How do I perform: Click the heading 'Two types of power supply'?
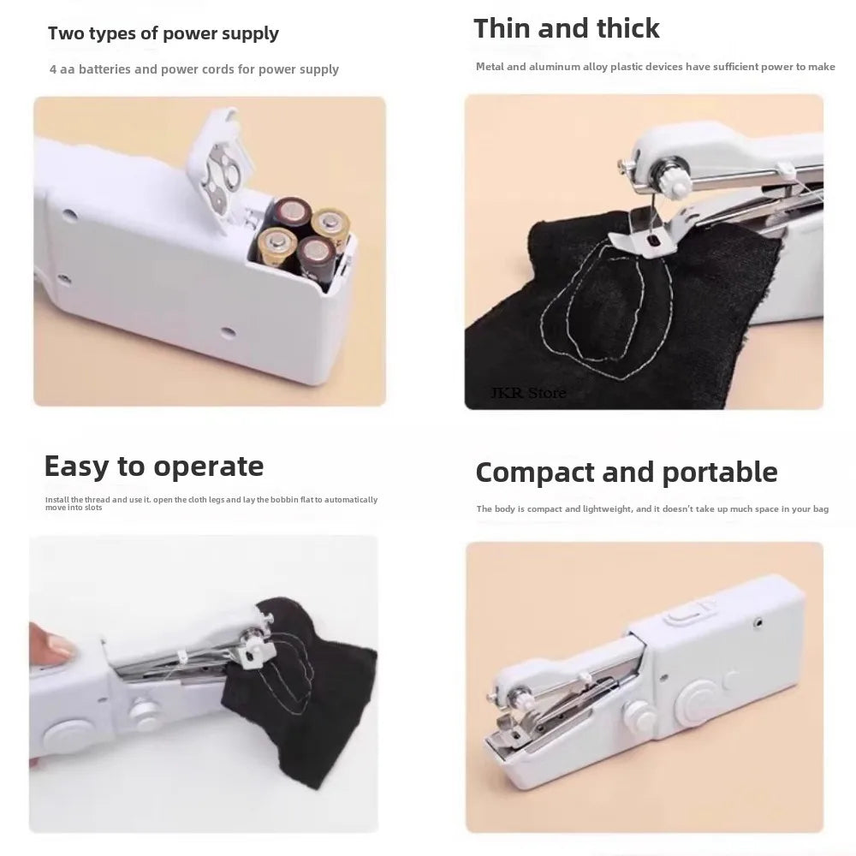(x=163, y=33)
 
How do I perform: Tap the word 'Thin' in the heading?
(x=506, y=28)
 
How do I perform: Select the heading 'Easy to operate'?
(x=154, y=467)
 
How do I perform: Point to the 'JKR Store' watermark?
(x=527, y=393)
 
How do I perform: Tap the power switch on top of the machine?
(x=685, y=614)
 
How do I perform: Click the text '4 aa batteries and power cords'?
(x=193, y=69)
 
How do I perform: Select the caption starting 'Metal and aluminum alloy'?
(x=655, y=67)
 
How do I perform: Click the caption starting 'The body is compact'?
(x=652, y=509)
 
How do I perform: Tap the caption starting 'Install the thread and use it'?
(x=211, y=502)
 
